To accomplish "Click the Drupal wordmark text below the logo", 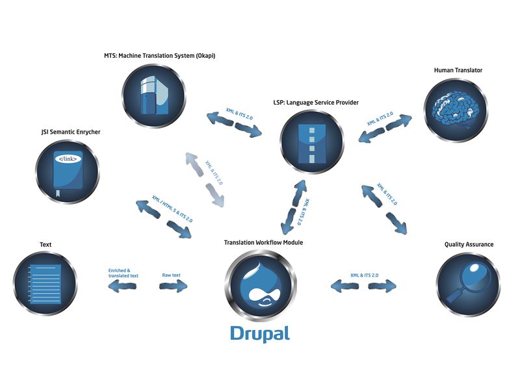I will pos(259,333).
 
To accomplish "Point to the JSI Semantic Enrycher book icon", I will pos(67,169).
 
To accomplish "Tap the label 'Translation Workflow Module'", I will pos(263,243).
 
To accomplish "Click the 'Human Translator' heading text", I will pos(458,70).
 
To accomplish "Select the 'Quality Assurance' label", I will pos(469,244).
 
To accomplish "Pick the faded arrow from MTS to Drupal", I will pos(204,181).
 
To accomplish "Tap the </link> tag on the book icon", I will pos(66,158).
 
